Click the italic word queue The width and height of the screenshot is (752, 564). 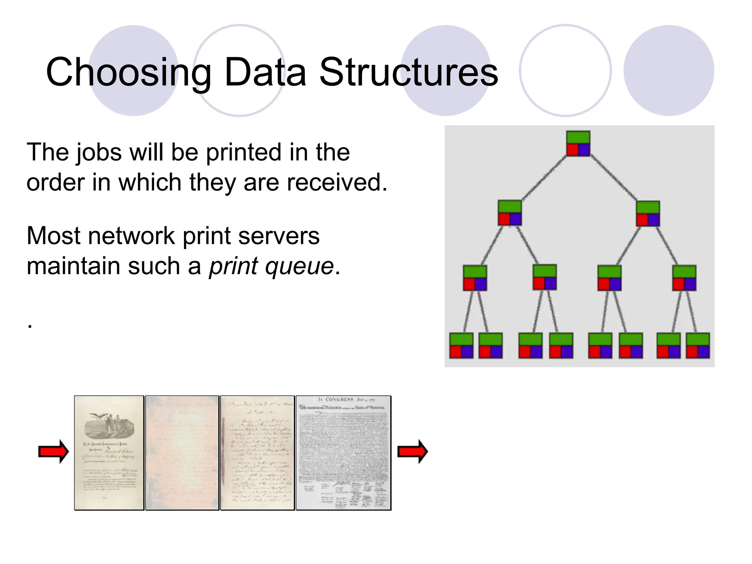click(299, 266)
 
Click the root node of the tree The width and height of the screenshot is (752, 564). click(578, 144)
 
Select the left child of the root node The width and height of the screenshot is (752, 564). click(510, 213)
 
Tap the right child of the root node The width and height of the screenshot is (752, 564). click(648, 213)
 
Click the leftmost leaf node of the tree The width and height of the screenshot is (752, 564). click(461, 346)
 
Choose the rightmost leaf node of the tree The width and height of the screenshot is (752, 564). click(698, 346)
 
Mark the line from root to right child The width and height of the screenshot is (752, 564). click(613, 178)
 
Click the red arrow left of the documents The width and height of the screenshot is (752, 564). click(54, 451)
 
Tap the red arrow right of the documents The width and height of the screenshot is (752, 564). click(413, 451)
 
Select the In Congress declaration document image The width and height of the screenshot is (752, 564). click(343, 453)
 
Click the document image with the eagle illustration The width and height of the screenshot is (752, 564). click(109, 453)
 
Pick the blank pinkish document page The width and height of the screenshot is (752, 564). click(182, 453)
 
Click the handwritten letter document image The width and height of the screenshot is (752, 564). click(257, 453)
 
